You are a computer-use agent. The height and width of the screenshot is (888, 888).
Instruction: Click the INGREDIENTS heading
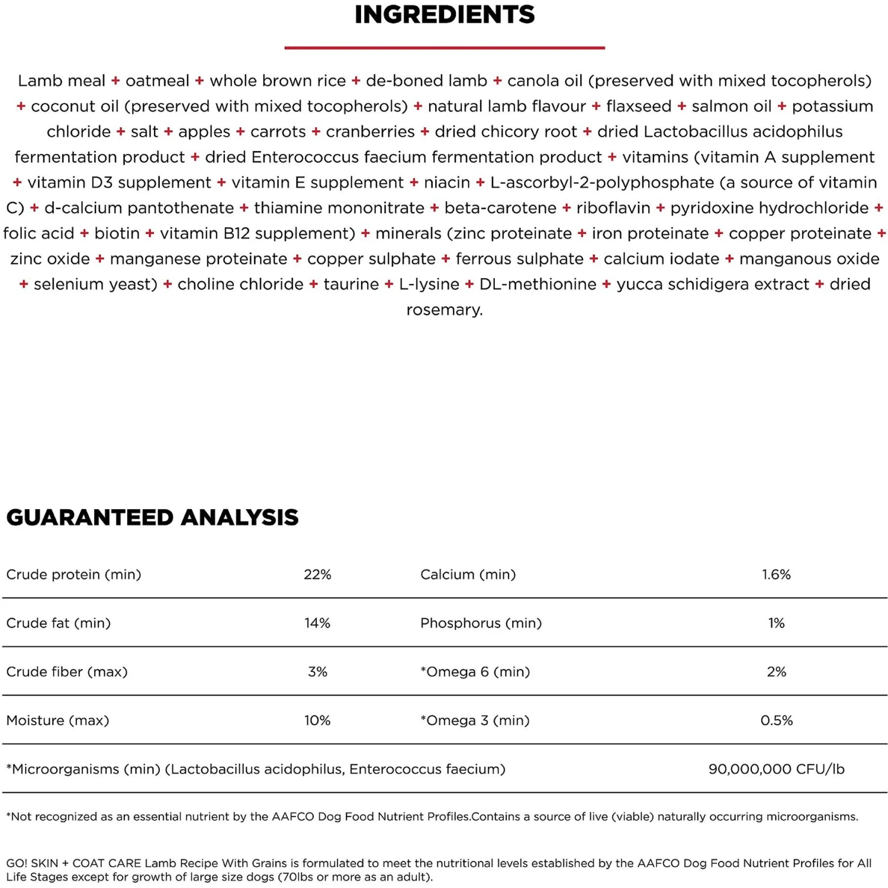(x=444, y=15)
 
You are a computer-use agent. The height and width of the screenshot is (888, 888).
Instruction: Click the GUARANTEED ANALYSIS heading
(x=152, y=517)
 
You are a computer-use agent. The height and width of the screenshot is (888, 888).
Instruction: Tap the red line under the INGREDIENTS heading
(x=444, y=47)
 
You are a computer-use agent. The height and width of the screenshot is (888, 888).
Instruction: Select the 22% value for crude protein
(x=317, y=574)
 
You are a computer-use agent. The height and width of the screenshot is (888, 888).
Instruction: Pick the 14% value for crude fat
(x=317, y=623)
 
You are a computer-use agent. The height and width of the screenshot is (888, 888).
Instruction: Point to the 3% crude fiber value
(x=317, y=672)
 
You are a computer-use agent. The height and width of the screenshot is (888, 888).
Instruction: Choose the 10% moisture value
(x=317, y=720)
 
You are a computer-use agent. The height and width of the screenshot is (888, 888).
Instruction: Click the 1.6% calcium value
(x=776, y=574)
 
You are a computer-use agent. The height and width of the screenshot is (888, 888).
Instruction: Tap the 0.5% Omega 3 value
(x=776, y=720)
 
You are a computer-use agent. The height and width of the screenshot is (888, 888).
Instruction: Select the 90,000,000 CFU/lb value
(x=776, y=769)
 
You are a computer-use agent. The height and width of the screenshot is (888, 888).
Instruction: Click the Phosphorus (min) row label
(x=481, y=623)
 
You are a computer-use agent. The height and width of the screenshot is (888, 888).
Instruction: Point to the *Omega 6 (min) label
(x=475, y=672)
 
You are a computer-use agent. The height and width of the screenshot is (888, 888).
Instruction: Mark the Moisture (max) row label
(x=57, y=720)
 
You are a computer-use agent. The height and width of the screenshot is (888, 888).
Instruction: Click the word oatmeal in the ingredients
(x=157, y=81)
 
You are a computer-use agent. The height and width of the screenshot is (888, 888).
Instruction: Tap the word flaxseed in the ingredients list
(x=639, y=106)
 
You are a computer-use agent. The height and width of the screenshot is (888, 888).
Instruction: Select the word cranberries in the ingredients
(x=370, y=131)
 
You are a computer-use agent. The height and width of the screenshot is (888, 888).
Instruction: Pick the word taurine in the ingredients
(x=351, y=284)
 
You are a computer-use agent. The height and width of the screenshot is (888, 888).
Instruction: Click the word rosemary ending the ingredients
(x=444, y=310)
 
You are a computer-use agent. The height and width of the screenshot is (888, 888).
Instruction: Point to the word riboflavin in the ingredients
(x=613, y=208)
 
